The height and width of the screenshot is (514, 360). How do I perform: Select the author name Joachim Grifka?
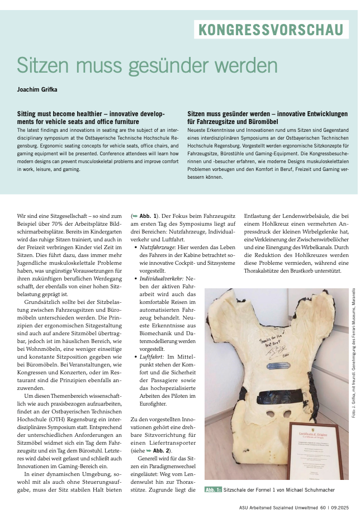click(x=41, y=89)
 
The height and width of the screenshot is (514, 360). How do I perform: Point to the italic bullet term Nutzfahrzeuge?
click(x=158, y=246)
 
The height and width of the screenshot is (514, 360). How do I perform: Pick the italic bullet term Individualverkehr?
click(x=162, y=278)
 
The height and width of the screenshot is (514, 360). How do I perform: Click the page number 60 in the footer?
click(x=323, y=507)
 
